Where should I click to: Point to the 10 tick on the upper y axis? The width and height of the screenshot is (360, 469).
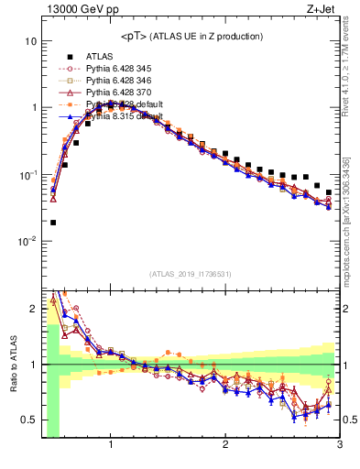pyautogui.click(x=31, y=41)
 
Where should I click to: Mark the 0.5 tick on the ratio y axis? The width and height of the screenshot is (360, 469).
pyautogui.click(x=29, y=420)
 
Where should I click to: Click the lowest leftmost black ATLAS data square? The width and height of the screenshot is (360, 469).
pyautogui.click(x=53, y=223)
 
